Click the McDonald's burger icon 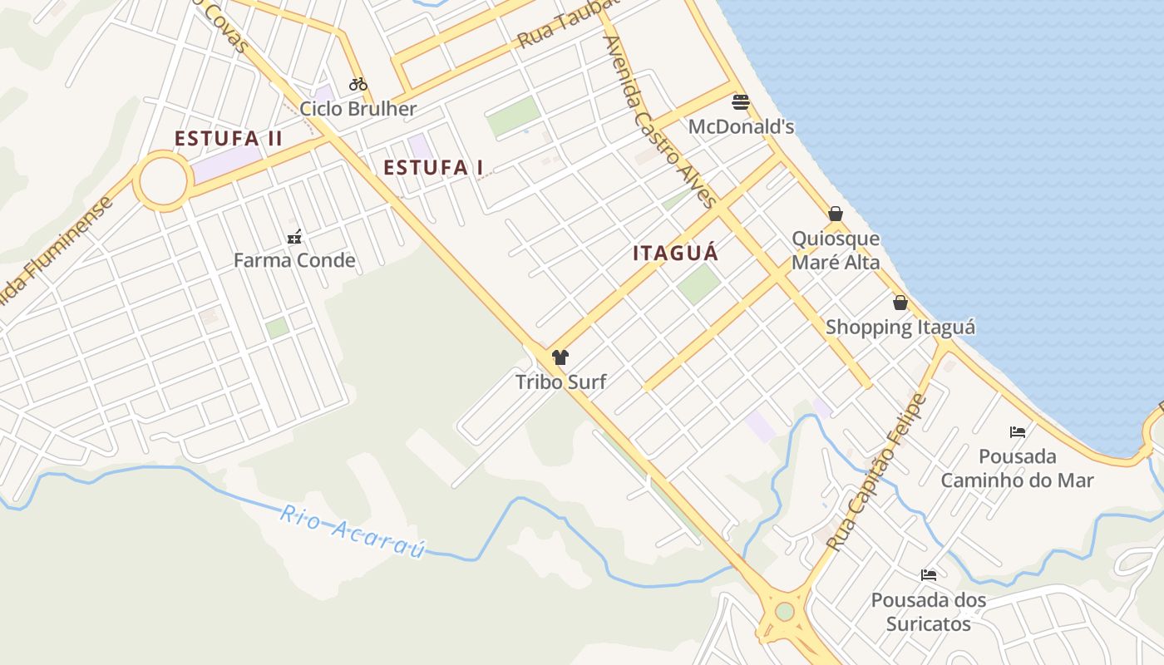(x=741, y=102)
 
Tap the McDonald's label (x=742, y=127)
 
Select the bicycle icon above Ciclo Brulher (x=358, y=84)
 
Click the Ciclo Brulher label (x=358, y=109)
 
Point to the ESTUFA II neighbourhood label (x=229, y=139)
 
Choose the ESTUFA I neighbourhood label (x=433, y=168)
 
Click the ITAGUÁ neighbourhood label (x=675, y=254)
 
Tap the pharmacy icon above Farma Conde (x=294, y=237)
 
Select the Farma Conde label (x=294, y=261)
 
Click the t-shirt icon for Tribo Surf (x=560, y=357)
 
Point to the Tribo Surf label (x=560, y=382)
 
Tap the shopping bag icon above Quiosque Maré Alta (x=836, y=214)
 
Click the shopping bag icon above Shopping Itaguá (x=900, y=303)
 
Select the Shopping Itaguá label (x=900, y=328)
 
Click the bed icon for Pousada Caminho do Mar (x=1018, y=431)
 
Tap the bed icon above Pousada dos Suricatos (x=929, y=574)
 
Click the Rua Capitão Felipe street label (x=877, y=472)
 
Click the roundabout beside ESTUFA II (x=162, y=180)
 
